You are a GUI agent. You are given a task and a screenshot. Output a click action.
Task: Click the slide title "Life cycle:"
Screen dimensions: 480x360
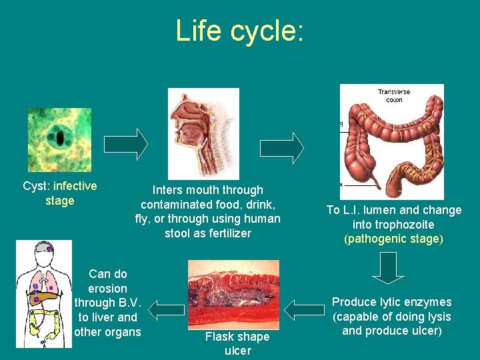coord(239,31)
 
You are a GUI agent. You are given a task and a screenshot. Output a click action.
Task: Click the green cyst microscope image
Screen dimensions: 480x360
coord(59,141)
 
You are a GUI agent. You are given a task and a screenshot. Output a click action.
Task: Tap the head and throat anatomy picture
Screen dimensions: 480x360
coord(203,133)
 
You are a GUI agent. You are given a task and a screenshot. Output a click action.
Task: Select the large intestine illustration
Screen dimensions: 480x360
coord(391,141)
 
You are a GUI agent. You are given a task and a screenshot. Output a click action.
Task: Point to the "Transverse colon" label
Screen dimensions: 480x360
coord(394,95)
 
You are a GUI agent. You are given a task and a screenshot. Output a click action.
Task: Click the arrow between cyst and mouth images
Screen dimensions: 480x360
coord(126,144)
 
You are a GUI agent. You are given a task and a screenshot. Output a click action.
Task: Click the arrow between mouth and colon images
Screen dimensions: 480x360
coord(281,147)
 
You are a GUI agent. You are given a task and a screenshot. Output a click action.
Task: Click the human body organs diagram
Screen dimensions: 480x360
coord(43,293)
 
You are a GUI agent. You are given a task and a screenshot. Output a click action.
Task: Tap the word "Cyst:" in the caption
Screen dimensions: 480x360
coord(37,186)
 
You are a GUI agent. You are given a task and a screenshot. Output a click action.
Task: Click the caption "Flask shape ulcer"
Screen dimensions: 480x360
coord(237,343)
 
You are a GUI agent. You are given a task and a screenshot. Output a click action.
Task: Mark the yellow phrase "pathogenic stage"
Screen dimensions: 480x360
coord(393,239)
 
